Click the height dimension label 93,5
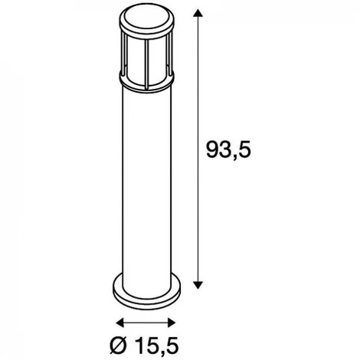point(228,150)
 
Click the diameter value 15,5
point(155,346)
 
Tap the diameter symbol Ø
point(119,345)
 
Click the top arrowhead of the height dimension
point(198,13)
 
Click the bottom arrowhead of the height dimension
point(198,285)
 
